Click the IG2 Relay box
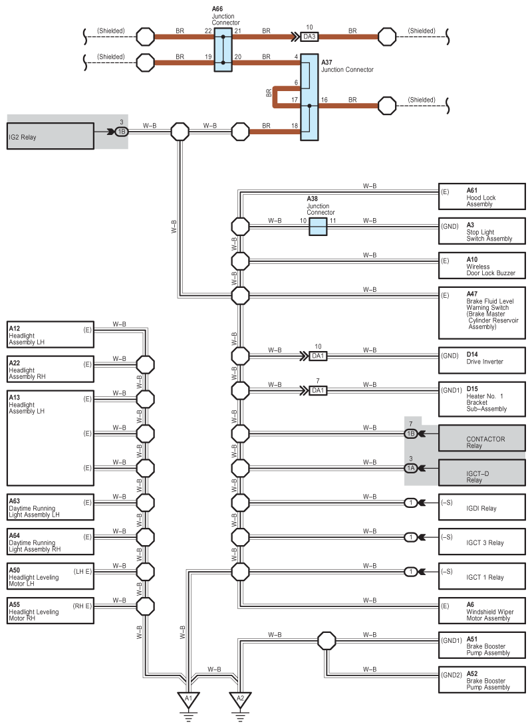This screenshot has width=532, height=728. pyautogui.click(x=50, y=136)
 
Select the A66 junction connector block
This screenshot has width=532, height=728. pyautogui.click(x=223, y=49)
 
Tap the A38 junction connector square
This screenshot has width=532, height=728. pyautogui.click(x=318, y=227)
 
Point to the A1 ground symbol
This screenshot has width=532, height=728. pyautogui.click(x=188, y=700)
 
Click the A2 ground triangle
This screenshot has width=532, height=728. pyautogui.click(x=240, y=700)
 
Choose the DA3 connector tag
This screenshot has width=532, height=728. pyautogui.click(x=309, y=37)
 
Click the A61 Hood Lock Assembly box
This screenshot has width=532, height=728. pyautogui.click(x=482, y=196)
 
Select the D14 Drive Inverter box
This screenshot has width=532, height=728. pyautogui.click(x=482, y=361)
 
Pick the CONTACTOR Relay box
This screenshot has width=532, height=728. pyautogui.click(x=482, y=438)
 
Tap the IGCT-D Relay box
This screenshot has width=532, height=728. pyautogui.click(x=482, y=472)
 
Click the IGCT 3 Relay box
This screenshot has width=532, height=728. pyautogui.click(x=482, y=541)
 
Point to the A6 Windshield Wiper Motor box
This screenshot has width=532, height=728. pyautogui.click(x=482, y=610)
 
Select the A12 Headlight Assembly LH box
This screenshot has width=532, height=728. pyautogui.click(x=50, y=334)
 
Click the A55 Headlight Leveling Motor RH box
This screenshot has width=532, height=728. pyautogui.click(x=50, y=610)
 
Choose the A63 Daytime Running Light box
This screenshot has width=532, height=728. pyautogui.click(x=50, y=507)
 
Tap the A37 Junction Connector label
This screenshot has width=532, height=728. pyautogui.click(x=347, y=66)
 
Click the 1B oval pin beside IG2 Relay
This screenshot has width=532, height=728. pyautogui.click(x=122, y=132)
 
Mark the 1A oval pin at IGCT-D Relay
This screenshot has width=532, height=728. pyautogui.click(x=411, y=468)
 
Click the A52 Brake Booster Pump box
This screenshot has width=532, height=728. pyautogui.click(x=482, y=679)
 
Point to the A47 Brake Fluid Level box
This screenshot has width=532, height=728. pyautogui.click(x=482, y=313)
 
